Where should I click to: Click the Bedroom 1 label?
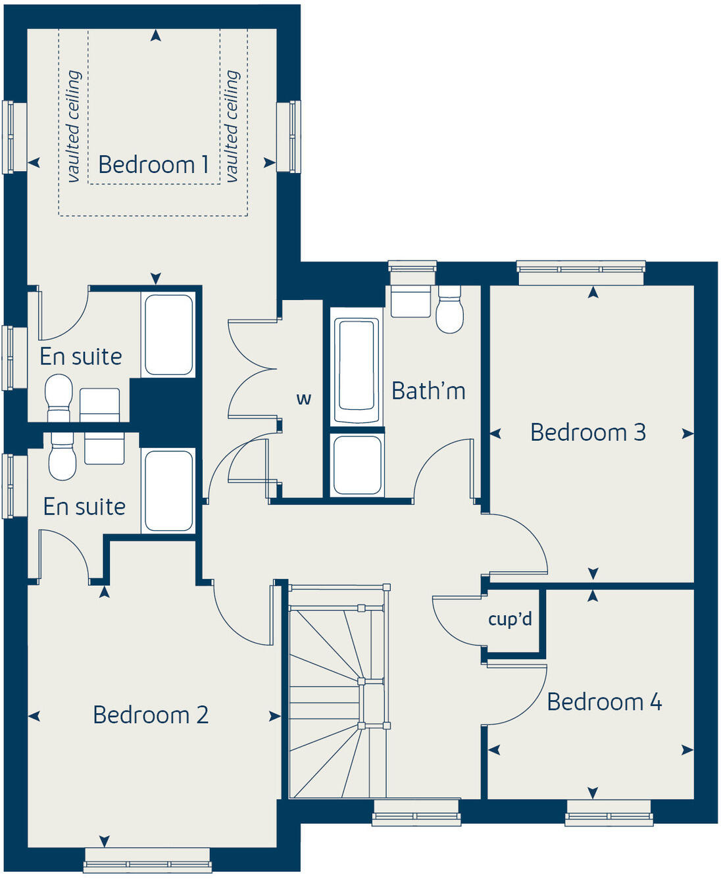153,164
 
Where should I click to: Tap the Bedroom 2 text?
151,715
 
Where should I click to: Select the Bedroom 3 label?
587,432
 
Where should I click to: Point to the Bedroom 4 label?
604,702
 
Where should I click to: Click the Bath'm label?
428,391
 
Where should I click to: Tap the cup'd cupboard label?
510,619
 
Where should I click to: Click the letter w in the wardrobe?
303,399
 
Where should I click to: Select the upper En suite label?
81,357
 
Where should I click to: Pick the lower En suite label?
84,507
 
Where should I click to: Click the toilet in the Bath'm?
450,310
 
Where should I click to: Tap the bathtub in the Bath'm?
357,371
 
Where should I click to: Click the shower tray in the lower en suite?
168,490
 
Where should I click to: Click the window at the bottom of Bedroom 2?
148,859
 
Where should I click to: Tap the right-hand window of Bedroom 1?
289,136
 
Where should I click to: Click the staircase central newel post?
361,681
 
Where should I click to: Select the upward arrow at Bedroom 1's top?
156,36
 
